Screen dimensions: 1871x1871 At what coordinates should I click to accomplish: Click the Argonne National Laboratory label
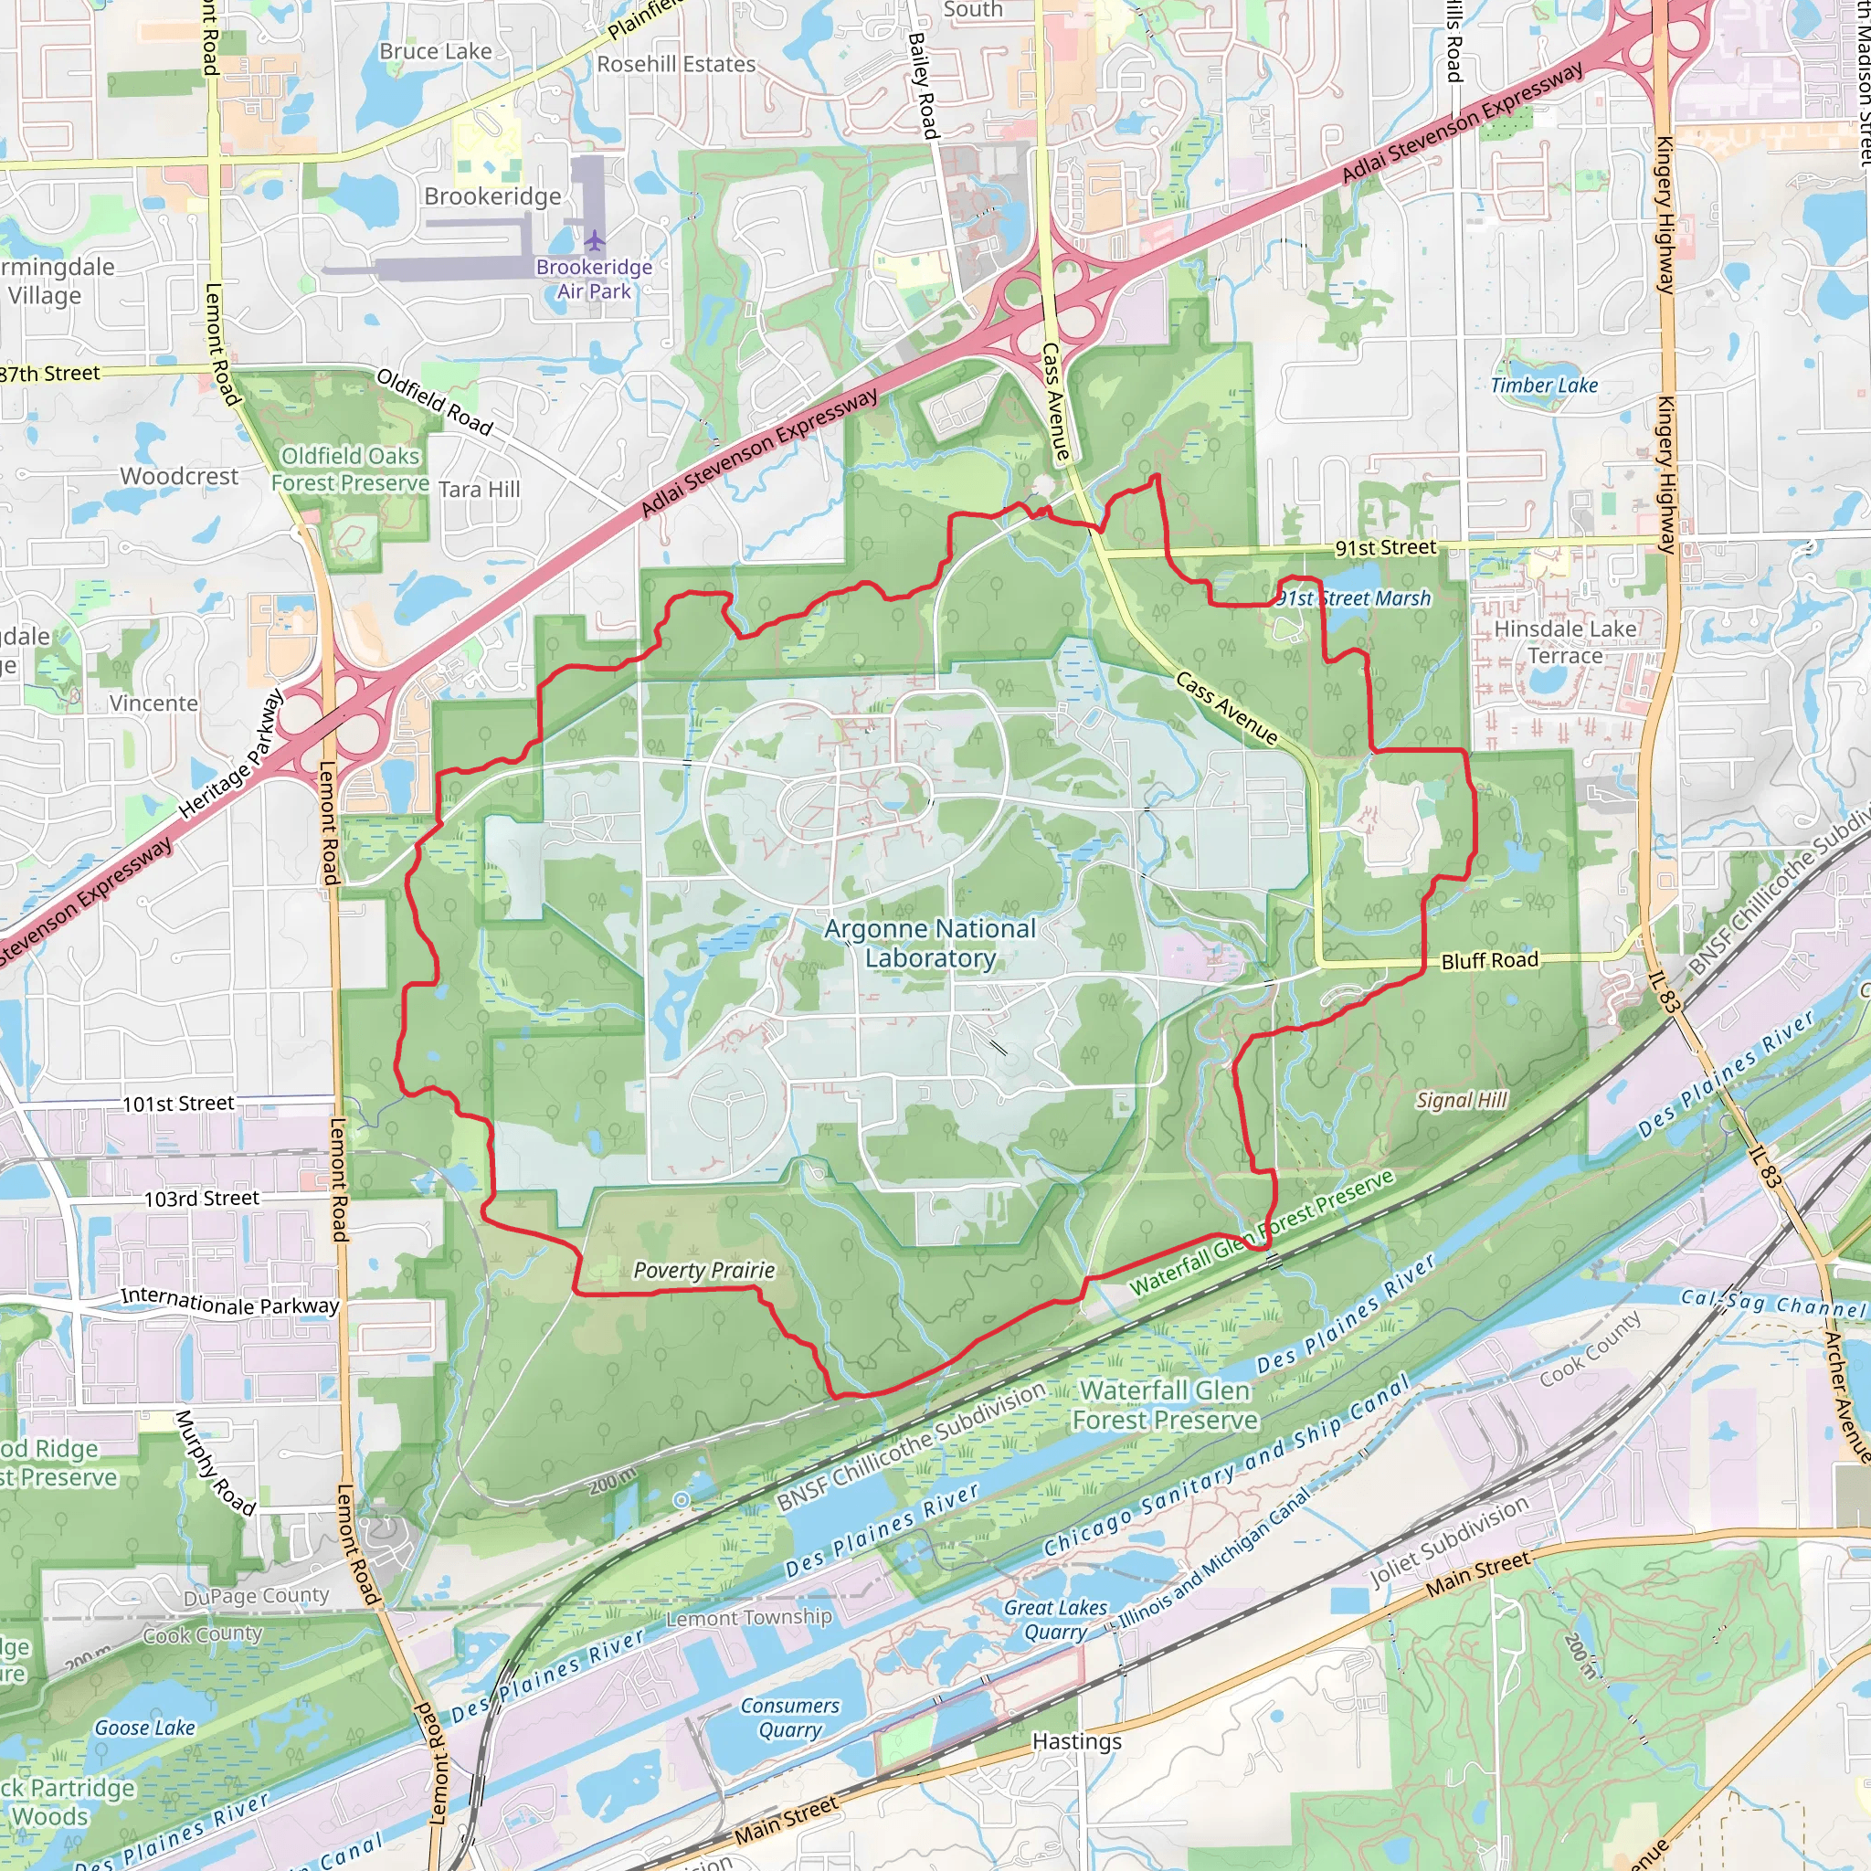click(x=930, y=943)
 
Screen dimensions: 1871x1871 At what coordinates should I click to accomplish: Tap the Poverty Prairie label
click(x=704, y=1270)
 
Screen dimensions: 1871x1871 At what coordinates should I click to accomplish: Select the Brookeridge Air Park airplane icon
click(x=595, y=239)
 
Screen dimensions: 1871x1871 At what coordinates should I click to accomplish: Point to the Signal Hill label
click(x=1462, y=1100)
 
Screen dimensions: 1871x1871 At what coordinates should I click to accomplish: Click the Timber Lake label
click(x=1544, y=386)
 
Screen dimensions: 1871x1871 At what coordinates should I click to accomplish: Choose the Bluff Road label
click(x=1489, y=961)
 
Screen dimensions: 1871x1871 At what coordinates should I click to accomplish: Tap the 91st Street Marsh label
click(x=1353, y=598)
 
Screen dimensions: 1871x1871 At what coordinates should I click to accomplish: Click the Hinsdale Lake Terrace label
click(x=1565, y=642)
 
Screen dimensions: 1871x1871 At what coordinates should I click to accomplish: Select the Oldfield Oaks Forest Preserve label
click(x=350, y=470)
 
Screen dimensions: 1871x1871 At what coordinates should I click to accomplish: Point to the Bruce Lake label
click(x=435, y=51)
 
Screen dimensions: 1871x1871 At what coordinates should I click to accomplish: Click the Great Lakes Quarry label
click(x=1054, y=1620)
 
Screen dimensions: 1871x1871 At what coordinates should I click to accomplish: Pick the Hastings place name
click(x=1076, y=1741)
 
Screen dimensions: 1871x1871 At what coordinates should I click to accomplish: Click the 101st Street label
click(x=178, y=1103)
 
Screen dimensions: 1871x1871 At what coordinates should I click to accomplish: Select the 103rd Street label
click(x=201, y=1199)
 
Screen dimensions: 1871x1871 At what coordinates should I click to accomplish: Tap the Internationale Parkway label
click(x=229, y=1302)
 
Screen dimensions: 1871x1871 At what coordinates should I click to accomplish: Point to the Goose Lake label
click(x=144, y=1728)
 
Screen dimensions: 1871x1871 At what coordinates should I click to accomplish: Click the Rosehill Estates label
click(x=676, y=64)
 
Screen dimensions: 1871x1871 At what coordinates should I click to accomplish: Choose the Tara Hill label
click(x=479, y=489)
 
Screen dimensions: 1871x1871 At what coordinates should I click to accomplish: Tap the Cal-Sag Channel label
click(x=1772, y=1304)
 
